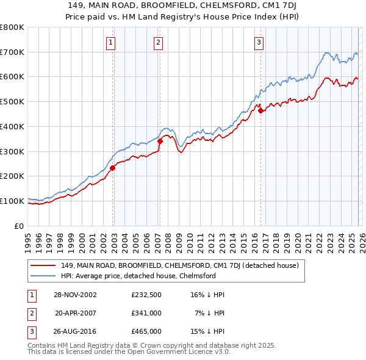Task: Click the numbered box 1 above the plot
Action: [x=111, y=42]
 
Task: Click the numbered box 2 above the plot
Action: [x=157, y=42]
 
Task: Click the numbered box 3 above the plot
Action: [x=259, y=42]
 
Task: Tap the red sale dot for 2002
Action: [x=113, y=168]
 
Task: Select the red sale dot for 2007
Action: [x=160, y=141]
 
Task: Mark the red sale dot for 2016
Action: [x=260, y=110]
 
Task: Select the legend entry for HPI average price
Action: [x=138, y=276]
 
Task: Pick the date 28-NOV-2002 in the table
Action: [x=75, y=295]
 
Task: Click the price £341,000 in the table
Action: [x=146, y=313]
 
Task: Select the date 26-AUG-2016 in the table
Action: [x=75, y=331]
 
